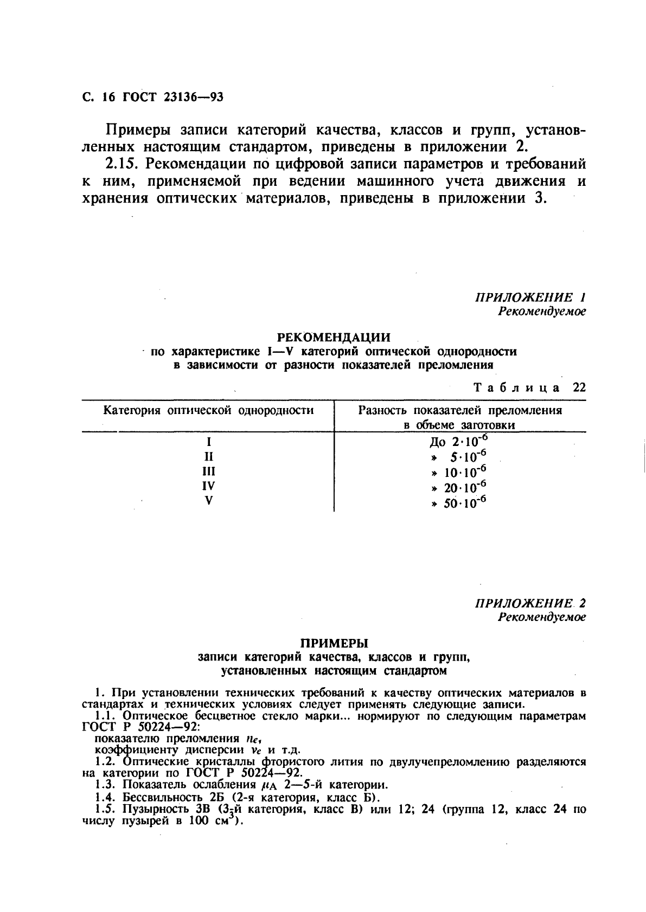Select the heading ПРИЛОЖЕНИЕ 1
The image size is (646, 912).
click(530, 297)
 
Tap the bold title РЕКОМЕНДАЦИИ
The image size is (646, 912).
click(334, 337)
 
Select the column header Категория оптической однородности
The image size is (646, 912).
click(208, 410)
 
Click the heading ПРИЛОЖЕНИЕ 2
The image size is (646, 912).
click(530, 604)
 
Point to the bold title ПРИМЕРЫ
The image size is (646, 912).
click(334, 643)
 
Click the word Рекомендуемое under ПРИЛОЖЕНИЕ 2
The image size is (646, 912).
click(542, 617)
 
